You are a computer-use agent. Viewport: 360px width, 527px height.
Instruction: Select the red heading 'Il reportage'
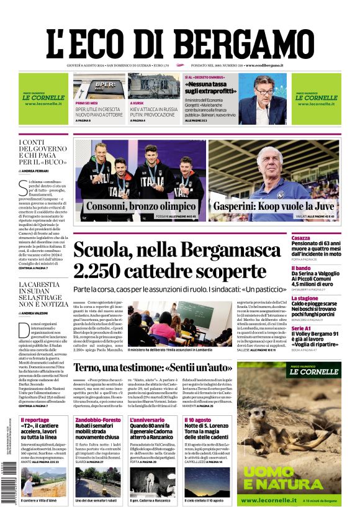(x=35, y=420)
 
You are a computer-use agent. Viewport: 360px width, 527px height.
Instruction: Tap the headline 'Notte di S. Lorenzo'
(x=207, y=428)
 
